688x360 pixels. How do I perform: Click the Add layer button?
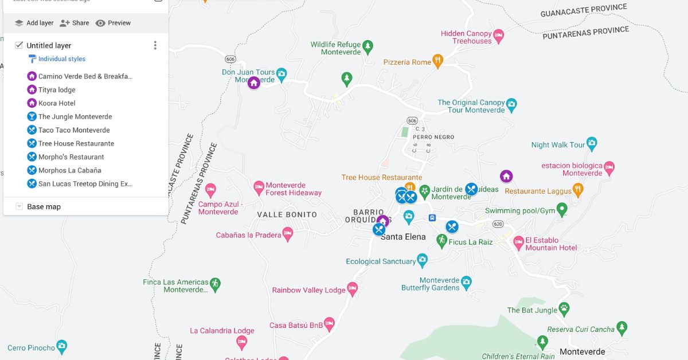point(34,23)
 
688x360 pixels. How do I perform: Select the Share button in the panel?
point(75,23)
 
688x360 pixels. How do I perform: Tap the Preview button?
point(113,23)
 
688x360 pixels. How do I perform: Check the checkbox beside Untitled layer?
point(19,45)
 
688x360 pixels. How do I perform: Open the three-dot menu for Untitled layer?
point(155,45)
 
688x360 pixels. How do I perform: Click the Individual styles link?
point(61,59)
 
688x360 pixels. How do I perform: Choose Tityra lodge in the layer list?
point(57,89)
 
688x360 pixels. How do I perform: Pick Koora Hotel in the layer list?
point(57,103)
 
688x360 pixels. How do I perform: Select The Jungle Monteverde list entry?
point(75,116)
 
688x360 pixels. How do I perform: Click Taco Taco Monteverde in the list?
point(73,130)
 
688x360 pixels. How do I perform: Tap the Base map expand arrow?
point(19,206)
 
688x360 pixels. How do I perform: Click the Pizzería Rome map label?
point(407,62)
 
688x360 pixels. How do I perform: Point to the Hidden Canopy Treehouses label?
point(466,37)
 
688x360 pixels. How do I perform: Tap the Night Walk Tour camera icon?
point(592,144)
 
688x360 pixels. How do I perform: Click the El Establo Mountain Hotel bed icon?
point(518,242)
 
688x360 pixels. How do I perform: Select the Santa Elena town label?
point(403,237)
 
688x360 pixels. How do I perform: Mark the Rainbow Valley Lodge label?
point(308,290)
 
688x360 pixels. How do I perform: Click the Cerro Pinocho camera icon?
point(62,346)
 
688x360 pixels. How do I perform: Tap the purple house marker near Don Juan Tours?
point(253,83)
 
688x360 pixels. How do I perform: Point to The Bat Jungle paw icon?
point(564,308)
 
